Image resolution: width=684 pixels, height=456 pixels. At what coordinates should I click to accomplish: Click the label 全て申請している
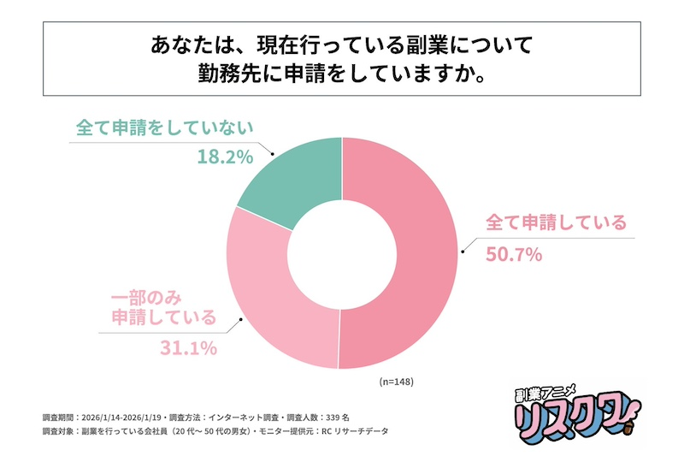click(556, 222)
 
